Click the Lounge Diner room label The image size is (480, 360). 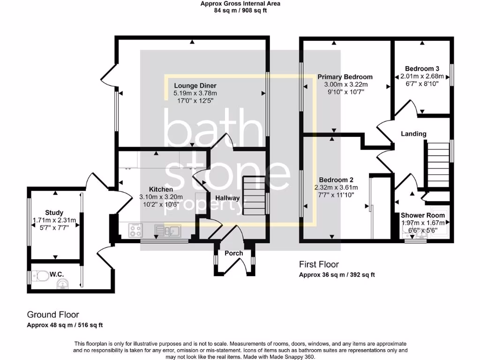point(195,86)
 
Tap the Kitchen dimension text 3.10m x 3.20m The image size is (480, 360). point(161,197)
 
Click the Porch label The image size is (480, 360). point(233,253)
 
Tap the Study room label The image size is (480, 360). point(54,212)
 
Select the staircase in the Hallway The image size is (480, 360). point(254,195)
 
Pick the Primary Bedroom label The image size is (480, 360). point(345,77)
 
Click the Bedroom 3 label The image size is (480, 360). point(422,69)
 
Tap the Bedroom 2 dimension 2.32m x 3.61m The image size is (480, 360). point(336,187)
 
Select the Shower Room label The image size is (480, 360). point(423,215)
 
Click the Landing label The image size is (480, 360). point(413,134)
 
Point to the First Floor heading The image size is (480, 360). point(319,264)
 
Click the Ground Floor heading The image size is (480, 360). point(53,315)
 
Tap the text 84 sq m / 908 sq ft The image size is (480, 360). point(240,10)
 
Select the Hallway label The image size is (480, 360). point(227,198)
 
